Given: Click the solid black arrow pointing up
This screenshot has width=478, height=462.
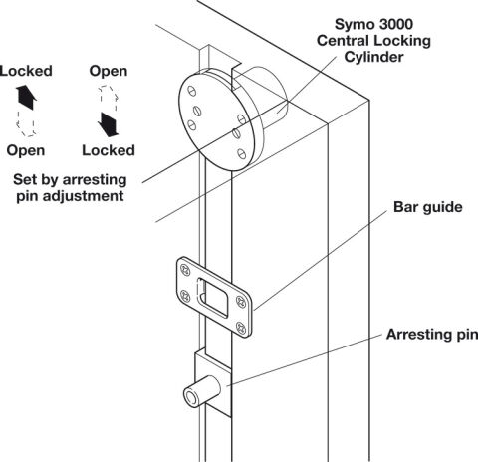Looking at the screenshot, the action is [26, 97].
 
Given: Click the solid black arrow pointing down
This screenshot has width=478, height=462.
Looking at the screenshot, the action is [108, 124].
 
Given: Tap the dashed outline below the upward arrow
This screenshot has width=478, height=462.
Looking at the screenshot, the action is [26, 123].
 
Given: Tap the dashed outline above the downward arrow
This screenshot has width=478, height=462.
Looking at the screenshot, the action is [109, 99].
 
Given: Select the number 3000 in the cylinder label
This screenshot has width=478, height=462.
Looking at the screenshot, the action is [394, 24].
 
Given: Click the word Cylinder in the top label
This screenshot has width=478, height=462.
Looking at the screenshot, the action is [373, 57].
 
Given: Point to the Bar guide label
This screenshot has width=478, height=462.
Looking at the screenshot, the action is [428, 207].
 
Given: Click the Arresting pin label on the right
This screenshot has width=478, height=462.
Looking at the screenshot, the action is [432, 334].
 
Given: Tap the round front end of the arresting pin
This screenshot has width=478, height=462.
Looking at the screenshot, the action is [191, 397].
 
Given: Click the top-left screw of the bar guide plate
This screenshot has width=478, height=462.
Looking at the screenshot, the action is [184, 269].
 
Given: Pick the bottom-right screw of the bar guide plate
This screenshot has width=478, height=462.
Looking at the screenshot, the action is [241, 328].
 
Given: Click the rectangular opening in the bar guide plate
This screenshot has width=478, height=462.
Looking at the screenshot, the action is [213, 298].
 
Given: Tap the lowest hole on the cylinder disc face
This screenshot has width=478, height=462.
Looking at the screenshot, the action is [242, 153].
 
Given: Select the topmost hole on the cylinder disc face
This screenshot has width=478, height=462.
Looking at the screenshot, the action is [192, 91].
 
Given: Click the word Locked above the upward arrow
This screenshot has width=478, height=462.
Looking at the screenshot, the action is [26, 71].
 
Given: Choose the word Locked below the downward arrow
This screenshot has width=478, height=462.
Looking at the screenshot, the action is [109, 150].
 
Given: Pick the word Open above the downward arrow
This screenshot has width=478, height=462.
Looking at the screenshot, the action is [109, 71].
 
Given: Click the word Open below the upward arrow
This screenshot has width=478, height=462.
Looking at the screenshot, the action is [26, 150].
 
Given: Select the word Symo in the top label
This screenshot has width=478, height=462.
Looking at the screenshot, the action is [353, 25].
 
